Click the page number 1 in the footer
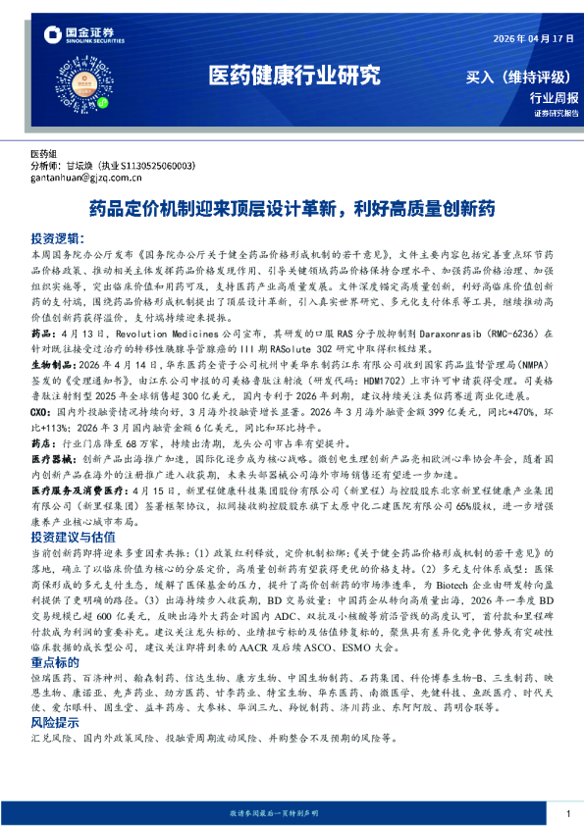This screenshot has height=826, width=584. coord(568,814)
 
